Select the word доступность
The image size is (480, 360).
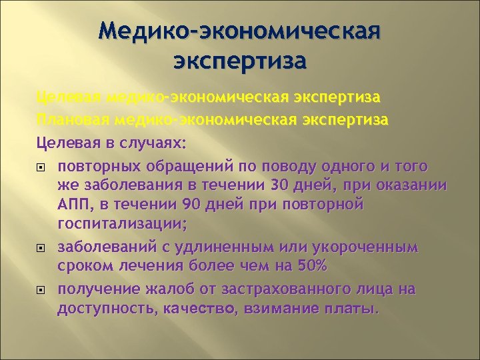click(x=98, y=309)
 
